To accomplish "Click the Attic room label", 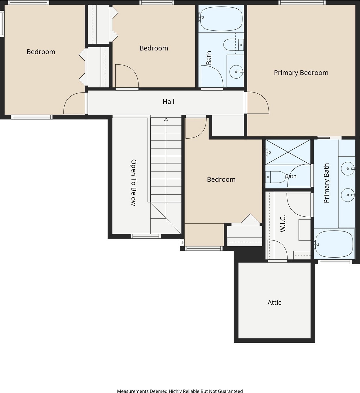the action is pyautogui.click(x=274, y=303).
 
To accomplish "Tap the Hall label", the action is pyautogui.click(x=168, y=102).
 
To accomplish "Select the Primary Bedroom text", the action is pyautogui.click(x=301, y=73).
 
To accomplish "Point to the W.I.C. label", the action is pyautogui.click(x=283, y=224).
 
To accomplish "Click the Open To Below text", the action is pyautogui.click(x=133, y=183).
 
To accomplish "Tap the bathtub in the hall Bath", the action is pyautogui.click(x=221, y=19).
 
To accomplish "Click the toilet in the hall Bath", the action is pyautogui.click(x=233, y=45).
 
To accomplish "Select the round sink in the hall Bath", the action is pyautogui.click(x=236, y=72).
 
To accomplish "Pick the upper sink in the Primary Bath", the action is pyautogui.click(x=348, y=169).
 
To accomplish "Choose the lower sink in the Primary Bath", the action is pyautogui.click(x=348, y=195).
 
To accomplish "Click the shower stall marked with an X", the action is pyautogui.click(x=288, y=152).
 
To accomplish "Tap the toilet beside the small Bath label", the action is pyautogui.click(x=275, y=177).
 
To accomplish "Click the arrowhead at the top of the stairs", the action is pyautogui.click(x=166, y=119).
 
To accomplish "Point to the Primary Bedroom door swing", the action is pyautogui.click(x=258, y=102).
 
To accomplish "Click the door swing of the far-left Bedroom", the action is pyautogui.click(x=74, y=103).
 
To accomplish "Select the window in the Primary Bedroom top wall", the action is pyautogui.click(x=302, y=3).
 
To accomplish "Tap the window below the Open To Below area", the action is pyautogui.click(x=146, y=236).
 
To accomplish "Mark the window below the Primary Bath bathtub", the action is pyautogui.click(x=335, y=262).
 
